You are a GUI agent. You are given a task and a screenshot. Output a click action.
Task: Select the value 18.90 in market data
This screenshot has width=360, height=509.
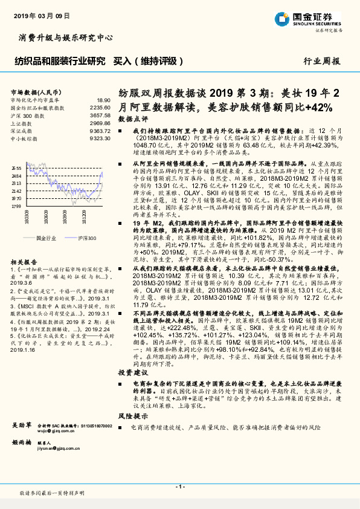pos(104,100)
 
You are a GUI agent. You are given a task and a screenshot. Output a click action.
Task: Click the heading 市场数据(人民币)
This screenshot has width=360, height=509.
pos(31,91)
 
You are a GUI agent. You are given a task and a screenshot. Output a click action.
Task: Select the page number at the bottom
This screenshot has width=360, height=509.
pos(179,487)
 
